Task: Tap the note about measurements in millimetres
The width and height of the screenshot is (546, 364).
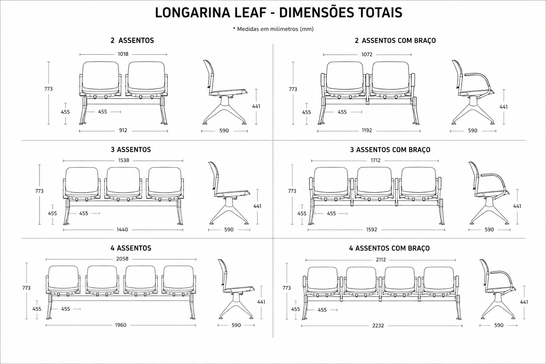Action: tap(273, 29)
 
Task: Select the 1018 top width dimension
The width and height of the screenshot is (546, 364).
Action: tap(123, 54)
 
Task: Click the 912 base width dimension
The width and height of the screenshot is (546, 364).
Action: tap(123, 130)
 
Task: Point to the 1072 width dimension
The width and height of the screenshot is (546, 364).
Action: tap(367, 54)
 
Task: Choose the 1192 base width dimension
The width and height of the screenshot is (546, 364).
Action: tap(367, 130)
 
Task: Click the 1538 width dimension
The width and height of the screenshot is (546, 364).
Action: tap(124, 160)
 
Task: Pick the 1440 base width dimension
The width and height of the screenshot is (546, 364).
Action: tap(122, 230)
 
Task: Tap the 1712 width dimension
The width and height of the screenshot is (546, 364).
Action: tap(375, 160)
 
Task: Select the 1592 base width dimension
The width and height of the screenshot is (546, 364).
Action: tap(372, 230)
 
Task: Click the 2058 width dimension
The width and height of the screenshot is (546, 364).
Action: tap(122, 259)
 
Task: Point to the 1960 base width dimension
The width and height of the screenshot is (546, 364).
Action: tap(121, 325)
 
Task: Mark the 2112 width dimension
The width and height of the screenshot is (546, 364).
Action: tap(381, 260)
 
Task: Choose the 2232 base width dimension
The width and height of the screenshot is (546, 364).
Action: tap(378, 326)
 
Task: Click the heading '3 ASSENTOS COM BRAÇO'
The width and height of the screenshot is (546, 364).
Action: tap(390, 150)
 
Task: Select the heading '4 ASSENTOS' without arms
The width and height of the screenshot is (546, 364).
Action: tap(131, 248)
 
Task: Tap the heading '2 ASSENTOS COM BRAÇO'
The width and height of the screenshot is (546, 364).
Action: tap(395, 41)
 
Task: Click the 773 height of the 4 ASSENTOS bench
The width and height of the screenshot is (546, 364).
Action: tap(26, 288)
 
